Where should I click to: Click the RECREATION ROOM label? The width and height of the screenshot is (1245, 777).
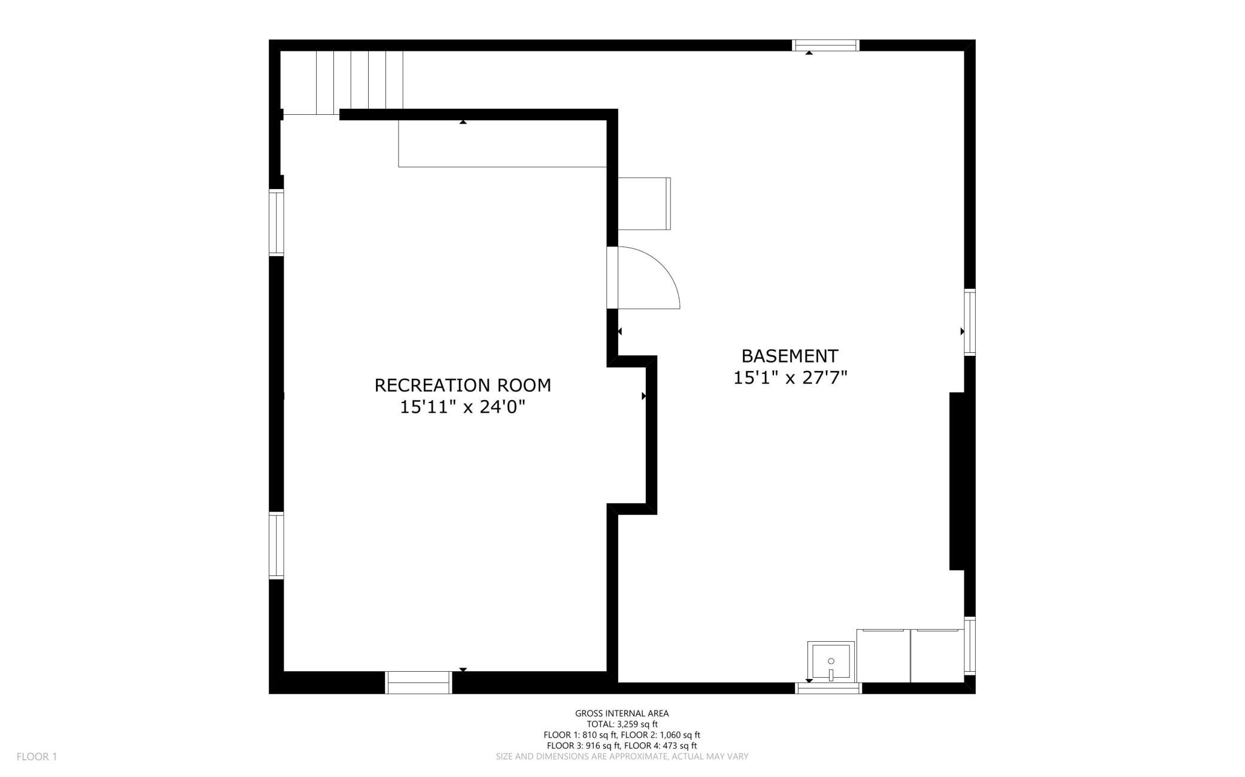tap(463, 385)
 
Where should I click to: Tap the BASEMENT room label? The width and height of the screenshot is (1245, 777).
tap(789, 356)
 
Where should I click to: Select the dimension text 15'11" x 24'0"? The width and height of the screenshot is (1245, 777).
tap(463, 407)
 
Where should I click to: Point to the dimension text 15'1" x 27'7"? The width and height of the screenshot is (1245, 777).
tap(790, 378)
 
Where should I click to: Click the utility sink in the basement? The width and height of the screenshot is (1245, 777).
tap(831, 662)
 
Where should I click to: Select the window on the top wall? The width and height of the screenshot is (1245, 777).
tap(825, 45)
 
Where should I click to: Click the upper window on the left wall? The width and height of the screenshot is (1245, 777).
tap(276, 223)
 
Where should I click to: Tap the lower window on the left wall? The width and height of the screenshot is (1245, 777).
tap(276, 546)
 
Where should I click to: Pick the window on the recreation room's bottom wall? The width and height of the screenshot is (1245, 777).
tap(418, 682)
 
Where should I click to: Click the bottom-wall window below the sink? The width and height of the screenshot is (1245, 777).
tap(828, 688)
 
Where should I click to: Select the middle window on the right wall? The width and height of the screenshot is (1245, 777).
tap(970, 322)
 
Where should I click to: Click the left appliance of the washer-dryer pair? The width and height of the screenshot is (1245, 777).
tap(883, 656)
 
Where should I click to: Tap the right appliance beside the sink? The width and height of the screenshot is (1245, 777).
tap(937, 656)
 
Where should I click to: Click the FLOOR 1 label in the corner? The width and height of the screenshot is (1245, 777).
tap(37, 757)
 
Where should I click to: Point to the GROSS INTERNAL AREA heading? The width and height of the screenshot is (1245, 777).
tap(622, 713)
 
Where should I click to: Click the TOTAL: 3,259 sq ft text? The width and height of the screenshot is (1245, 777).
tap(622, 724)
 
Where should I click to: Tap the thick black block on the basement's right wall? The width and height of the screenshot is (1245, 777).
tap(957, 482)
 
